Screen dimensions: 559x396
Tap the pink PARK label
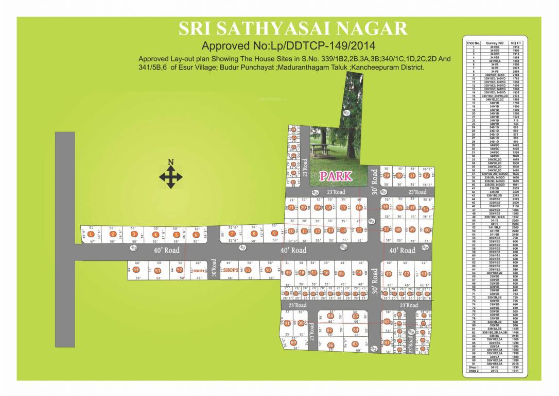336,176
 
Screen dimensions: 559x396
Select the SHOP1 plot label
199,270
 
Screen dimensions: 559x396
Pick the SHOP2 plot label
231,270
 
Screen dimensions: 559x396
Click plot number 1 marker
91,235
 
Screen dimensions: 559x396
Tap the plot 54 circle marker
136,270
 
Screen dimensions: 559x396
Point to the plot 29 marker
387,176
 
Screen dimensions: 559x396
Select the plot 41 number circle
425,274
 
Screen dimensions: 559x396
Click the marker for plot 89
293,342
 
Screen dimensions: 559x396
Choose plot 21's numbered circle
291,208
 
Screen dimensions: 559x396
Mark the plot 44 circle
359,273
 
